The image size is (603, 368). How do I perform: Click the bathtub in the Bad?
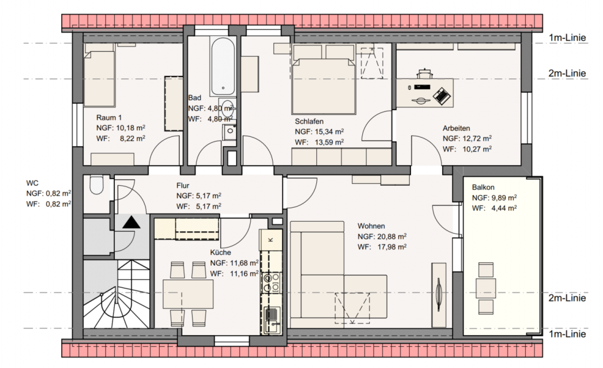(x=222, y=66)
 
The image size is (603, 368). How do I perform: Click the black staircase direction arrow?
(x=131, y=223)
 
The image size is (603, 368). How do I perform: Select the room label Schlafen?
(x=309, y=121)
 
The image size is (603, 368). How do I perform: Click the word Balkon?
(x=483, y=188)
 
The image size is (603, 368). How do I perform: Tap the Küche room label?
(x=220, y=252)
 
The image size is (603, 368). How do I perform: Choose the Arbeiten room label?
(x=456, y=128)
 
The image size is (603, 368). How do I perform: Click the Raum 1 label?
(x=109, y=117)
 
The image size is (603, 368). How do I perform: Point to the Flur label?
(x=183, y=186)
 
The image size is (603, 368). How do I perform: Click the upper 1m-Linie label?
(x=567, y=38)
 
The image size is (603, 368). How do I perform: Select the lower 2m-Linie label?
(x=567, y=298)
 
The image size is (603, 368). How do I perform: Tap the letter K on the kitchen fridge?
(x=270, y=239)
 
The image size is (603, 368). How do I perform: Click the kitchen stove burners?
(x=271, y=282)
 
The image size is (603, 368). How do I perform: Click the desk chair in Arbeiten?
(x=424, y=73)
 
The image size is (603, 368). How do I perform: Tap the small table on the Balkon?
(x=486, y=288)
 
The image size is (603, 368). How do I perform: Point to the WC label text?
(x=32, y=183)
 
